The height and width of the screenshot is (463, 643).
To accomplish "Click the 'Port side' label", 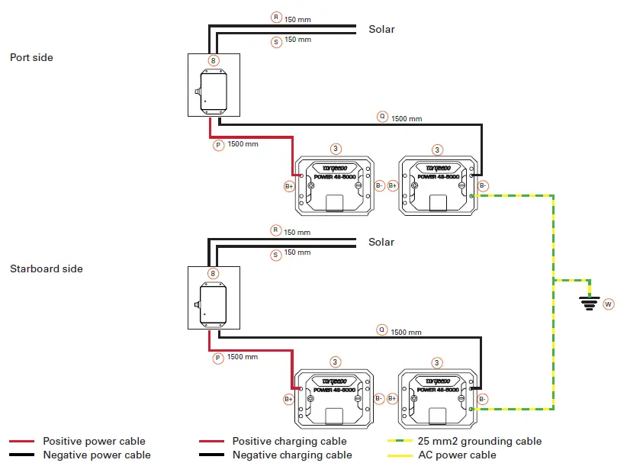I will coord(31,56).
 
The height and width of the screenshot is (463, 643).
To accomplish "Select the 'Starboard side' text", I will coord(47,268).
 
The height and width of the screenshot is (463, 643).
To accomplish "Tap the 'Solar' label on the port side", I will coord(381,29).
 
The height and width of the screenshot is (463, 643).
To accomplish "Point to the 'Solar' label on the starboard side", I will coord(381,242).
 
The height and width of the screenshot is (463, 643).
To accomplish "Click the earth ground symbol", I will coord(587,303).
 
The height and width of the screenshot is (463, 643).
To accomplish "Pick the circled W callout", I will coord(609,304).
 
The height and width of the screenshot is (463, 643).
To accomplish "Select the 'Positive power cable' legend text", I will coord(94,441).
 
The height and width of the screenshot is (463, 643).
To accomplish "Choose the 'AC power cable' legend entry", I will coord(457,455).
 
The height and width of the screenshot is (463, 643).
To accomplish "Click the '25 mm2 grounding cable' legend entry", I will coord(480,441).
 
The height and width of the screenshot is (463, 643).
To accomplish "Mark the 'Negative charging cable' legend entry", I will coord(292,455).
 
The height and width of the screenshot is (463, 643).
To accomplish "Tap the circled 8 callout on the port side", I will coord(214,60).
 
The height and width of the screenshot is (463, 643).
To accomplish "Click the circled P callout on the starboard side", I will coord(217,357).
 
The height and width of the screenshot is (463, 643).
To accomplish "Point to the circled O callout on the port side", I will coord(382,117).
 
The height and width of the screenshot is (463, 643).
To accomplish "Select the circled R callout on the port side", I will coord(276,17).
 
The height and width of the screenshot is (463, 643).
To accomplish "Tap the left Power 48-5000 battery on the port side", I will coord(336,185).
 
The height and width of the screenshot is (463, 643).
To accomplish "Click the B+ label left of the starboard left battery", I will coord(289,398).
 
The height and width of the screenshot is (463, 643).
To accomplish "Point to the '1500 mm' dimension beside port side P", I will coord(243,144).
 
